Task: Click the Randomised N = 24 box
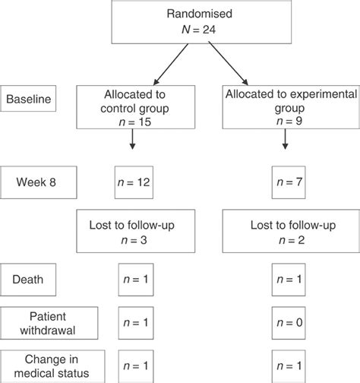point(201,22)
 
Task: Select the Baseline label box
point(28,99)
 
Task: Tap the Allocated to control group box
point(136,107)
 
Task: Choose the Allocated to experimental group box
point(291,107)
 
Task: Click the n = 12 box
point(134,182)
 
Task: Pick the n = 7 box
point(289,182)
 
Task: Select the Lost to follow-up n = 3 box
point(136,231)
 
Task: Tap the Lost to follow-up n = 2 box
point(291,231)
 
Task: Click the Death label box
point(28,280)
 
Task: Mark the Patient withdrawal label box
point(49,323)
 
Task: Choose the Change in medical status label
point(52,366)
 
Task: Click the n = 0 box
point(289,323)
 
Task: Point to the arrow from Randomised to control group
point(171,65)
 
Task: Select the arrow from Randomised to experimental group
point(228,64)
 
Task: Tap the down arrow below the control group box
point(132,139)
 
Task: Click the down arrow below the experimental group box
point(286,139)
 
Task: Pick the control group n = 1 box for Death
point(136,280)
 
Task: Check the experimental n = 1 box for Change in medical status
point(289,366)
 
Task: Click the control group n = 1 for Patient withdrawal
point(136,323)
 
